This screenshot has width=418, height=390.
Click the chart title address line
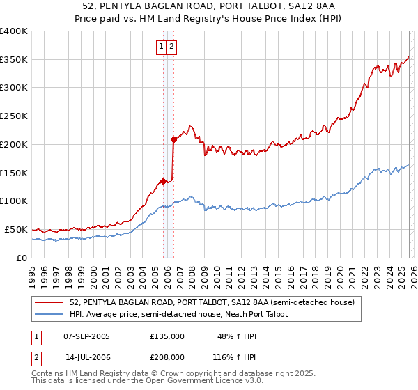(x=209, y=6)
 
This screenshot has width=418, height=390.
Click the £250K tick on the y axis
(x=14, y=116)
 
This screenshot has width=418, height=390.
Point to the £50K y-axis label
(x=15, y=229)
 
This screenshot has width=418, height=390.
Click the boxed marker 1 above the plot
(x=161, y=47)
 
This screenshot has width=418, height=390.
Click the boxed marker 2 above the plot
(x=171, y=47)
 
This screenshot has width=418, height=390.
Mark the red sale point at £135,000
(x=163, y=181)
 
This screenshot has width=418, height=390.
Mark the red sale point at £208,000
(x=173, y=139)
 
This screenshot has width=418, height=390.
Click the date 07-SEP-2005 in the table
(x=86, y=336)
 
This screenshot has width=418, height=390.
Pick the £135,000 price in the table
(x=167, y=336)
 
